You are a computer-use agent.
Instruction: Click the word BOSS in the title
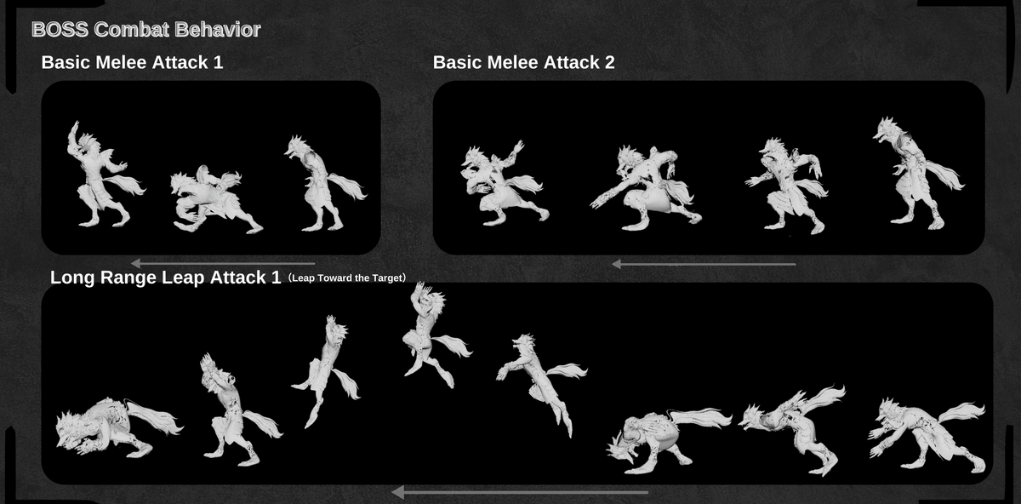pos(60,30)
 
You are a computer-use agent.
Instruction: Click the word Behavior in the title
pos(218,30)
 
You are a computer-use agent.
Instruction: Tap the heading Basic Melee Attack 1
pos(132,62)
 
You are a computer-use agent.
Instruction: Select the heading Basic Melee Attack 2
pos(524,62)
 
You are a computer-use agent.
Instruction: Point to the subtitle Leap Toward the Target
pos(347,278)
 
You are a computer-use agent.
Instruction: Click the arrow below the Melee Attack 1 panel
pos(223,263)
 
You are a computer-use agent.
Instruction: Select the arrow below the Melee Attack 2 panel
pos(704,264)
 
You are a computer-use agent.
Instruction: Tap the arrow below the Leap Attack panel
pos(520,492)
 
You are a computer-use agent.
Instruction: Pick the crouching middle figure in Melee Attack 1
pos(214,201)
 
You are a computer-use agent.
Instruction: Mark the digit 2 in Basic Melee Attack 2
pos(609,62)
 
